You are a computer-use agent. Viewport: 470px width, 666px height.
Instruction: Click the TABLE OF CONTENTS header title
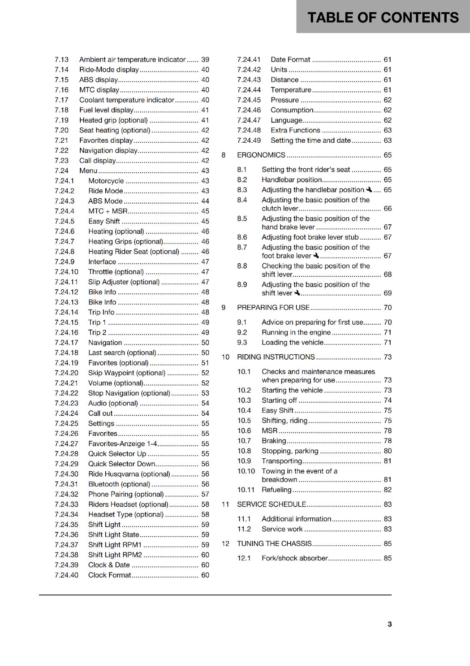383,17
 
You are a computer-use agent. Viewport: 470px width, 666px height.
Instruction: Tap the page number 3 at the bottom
389,624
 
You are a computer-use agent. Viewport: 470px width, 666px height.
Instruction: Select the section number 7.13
62,60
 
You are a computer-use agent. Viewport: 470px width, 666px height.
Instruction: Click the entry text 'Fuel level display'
106,110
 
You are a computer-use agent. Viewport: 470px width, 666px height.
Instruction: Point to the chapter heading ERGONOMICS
261,155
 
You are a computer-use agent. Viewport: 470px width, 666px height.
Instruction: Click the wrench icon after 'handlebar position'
369,190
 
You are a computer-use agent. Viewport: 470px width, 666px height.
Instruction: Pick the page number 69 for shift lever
387,293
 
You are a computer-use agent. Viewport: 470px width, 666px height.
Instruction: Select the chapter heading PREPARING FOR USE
273,308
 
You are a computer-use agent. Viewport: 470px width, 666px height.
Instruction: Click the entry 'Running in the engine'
296,332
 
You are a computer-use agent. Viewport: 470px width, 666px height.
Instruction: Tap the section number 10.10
246,471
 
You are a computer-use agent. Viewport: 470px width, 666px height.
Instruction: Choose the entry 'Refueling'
276,490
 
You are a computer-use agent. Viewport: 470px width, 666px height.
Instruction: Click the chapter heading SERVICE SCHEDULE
271,504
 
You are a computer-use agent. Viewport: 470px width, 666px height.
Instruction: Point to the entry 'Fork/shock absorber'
294,558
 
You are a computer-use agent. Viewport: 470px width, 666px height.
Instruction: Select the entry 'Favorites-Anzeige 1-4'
122,444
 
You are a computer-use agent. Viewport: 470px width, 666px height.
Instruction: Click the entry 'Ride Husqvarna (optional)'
129,474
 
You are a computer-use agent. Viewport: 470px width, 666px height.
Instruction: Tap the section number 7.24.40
67,575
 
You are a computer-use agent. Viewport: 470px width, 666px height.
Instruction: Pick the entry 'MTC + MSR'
108,211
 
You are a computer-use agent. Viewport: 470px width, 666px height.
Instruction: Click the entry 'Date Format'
290,60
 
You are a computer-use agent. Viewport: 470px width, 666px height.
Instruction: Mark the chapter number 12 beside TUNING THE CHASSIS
225,544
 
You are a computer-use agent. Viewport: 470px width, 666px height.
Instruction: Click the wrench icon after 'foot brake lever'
316,256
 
